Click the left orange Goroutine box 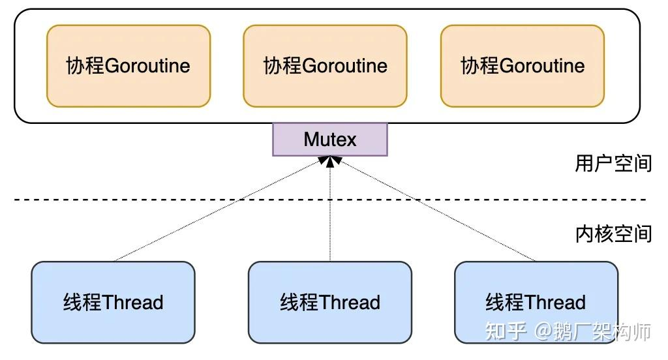(129, 65)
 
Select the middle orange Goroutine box (325, 65)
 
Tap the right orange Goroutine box (523, 65)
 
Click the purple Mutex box (330, 140)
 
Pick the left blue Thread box (114, 302)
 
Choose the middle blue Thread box (330, 302)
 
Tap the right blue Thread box (536, 302)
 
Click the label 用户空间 (613, 163)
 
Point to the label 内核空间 (613, 233)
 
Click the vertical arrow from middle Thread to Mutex (330, 215)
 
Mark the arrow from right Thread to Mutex (437, 212)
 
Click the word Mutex (330, 140)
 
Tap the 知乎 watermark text (506, 331)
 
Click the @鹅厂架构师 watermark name (593, 331)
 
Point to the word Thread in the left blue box (133, 303)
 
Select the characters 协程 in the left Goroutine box (85, 66)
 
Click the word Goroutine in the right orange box (542, 66)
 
